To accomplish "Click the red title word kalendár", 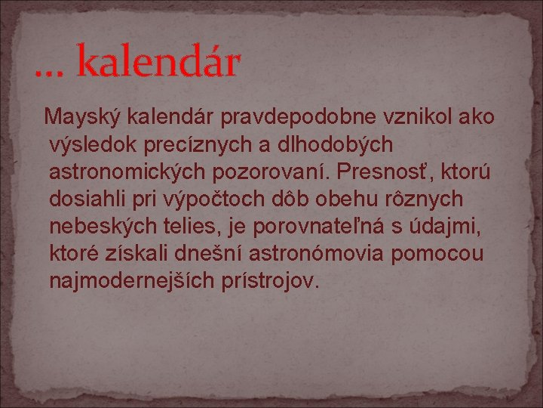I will (x=158, y=63).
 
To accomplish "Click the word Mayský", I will (x=84, y=118).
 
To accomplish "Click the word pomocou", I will (x=437, y=254).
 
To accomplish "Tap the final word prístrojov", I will (x=269, y=281).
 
